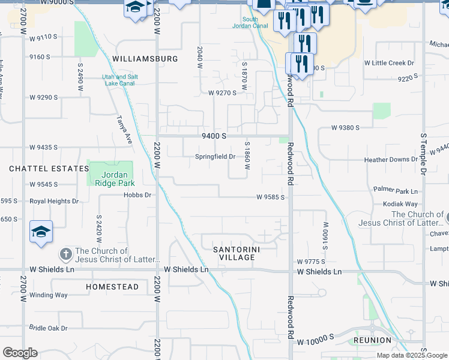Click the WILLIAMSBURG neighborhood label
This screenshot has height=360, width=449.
pos(145,59)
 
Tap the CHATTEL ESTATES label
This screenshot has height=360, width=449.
pos(49,169)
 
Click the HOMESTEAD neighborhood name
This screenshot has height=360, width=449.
pos(112,287)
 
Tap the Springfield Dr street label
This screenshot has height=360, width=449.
pos(215,157)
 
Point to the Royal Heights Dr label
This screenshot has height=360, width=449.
pos(54,202)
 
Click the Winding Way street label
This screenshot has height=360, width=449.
pos(49,295)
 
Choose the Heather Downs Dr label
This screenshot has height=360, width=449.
pos(391,160)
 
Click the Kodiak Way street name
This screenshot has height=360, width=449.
pos(400,204)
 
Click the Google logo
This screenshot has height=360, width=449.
pos(20,353)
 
